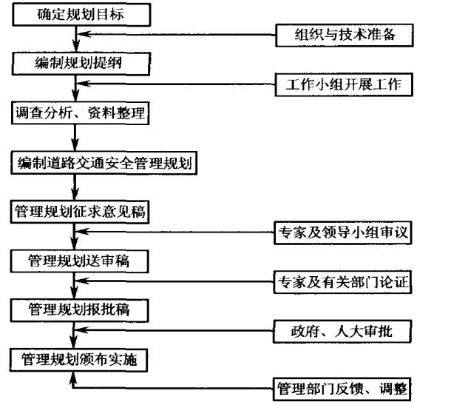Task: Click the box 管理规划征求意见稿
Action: [81, 211]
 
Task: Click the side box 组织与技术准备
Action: [341, 34]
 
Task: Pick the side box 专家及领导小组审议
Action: [342, 233]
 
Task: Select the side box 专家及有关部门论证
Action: [342, 282]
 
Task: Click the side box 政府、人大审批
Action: [341, 331]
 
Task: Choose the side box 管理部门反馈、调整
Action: [341, 387]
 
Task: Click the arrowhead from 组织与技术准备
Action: [84, 34]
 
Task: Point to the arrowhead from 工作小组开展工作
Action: [84, 84]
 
